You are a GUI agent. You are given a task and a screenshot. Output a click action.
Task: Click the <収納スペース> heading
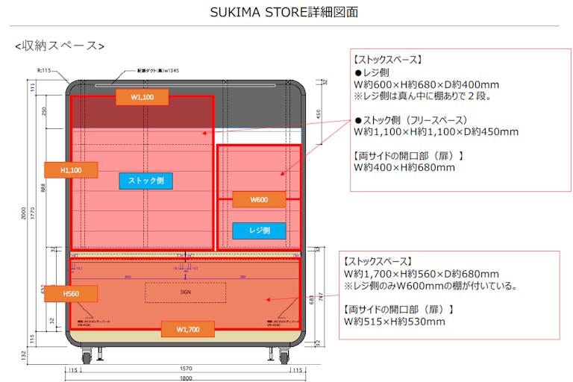(60, 46)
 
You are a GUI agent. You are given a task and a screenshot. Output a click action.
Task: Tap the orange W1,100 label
(142, 97)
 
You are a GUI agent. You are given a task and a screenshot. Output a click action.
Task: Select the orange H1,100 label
(71, 170)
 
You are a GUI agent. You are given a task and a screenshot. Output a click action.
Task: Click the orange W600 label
(258, 199)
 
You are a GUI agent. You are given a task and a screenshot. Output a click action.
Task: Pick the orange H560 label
(71, 293)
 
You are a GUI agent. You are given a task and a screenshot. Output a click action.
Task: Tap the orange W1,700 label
(187, 328)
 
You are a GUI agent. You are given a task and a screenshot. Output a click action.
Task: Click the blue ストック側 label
(145, 181)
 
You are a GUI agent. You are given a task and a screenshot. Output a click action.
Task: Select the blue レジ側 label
(259, 231)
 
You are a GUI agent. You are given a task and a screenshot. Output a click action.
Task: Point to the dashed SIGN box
(185, 292)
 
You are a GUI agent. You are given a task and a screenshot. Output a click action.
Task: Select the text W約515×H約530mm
(394, 322)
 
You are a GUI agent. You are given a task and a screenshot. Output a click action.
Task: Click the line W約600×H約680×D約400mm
(426, 85)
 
